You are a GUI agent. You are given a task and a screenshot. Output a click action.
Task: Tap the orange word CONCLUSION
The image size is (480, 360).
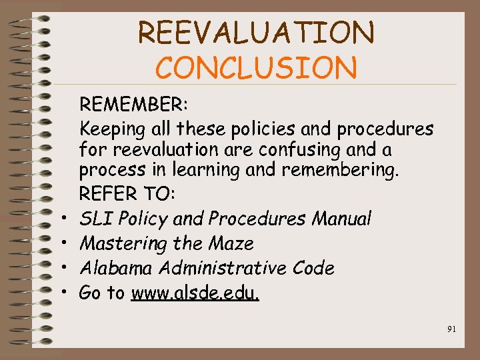pyautogui.click(x=256, y=67)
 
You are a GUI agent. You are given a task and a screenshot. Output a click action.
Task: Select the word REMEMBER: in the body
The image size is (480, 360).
pyautogui.click(x=134, y=105)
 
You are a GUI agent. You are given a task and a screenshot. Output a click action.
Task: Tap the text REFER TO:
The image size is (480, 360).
pyautogui.click(x=127, y=195)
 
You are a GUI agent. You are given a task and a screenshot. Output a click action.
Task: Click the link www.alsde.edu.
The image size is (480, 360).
pyautogui.click(x=195, y=292)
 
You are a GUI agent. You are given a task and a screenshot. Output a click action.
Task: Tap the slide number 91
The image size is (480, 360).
pyautogui.click(x=451, y=328)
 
